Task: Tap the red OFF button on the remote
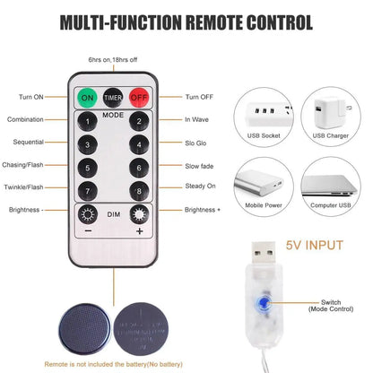pyautogui.click(x=138, y=97)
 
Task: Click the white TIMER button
pyautogui.click(x=113, y=97)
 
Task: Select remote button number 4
pyautogui.click(x=139, y=143)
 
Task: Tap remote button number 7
pyautogui.click(x=88, y=190)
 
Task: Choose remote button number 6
pyautogui.click(x=139, y=167)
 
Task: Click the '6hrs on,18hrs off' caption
pyautogui.click(x=113, y=60)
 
